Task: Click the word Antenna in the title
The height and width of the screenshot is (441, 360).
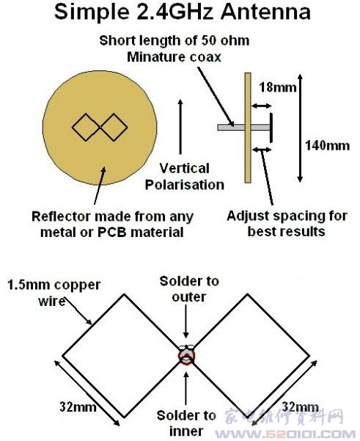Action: [265, 12]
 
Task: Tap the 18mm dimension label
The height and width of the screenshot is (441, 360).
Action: [278, 87]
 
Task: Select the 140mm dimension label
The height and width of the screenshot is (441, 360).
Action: [328, 146]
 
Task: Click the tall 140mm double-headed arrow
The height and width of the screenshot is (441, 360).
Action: [300, 128]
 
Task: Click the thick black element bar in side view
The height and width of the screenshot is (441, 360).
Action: [271, 128]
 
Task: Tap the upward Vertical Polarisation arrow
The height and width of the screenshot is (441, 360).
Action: [180, 126]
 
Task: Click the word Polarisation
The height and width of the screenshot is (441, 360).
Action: [184, 185]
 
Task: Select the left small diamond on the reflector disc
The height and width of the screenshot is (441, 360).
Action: [86, 127]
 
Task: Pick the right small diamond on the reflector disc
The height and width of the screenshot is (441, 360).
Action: [114, 127]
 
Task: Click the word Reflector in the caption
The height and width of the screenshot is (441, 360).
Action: [62, 216]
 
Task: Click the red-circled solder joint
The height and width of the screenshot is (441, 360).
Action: [186, 355]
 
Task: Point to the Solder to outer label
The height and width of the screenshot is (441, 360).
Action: [189, 289]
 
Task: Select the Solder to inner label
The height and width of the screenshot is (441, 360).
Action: [186, 423]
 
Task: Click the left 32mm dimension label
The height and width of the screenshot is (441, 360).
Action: [78, 407]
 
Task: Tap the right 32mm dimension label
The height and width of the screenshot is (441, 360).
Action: [300, 407]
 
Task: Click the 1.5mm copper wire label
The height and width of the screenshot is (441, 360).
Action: [54, 293]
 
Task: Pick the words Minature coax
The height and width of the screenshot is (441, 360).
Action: [175, 57]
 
